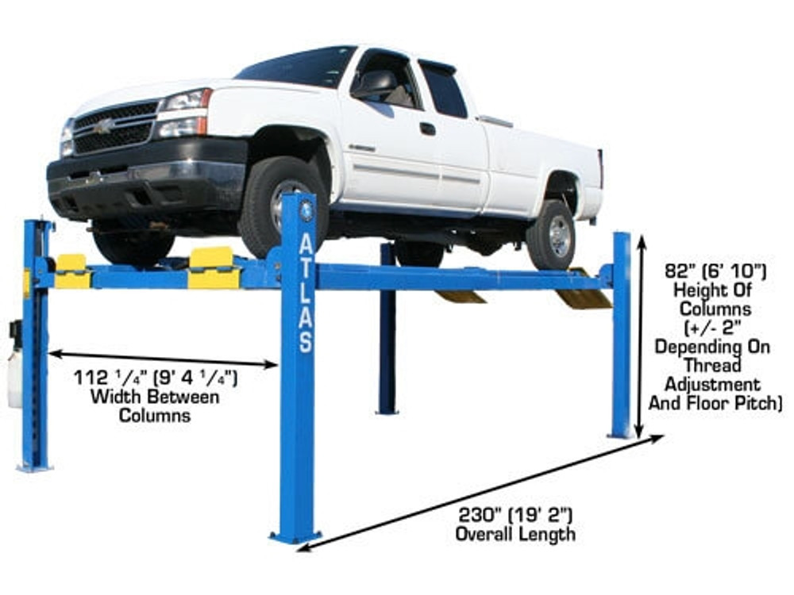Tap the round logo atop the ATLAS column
coord(306,210)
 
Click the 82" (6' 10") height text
coord(715,272)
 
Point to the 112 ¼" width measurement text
coord(156,378)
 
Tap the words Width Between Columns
coord(155,405)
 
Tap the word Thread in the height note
coord(715,366)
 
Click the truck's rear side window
coord(444,89)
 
